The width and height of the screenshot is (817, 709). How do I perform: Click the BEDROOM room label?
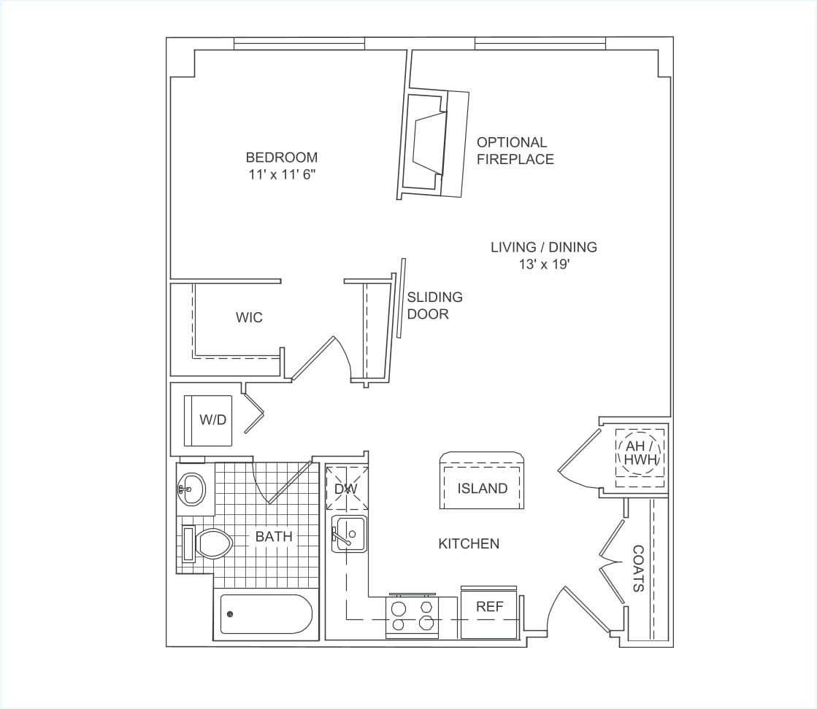[x=281, y=158]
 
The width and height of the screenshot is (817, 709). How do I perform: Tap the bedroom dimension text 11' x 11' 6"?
[x=281, y=175]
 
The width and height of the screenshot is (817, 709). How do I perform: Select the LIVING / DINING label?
[x=543, y=247]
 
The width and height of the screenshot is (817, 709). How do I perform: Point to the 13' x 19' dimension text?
[x=543, y=265]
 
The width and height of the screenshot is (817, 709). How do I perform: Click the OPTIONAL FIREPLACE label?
[x=515, y=151]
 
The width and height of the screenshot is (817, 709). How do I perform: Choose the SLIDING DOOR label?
[x=434, y=306]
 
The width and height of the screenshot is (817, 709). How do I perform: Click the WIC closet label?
[x=249, y=318]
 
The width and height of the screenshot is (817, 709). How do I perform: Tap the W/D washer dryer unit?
[x=209, y=420]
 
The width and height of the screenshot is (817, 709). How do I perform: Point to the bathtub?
[x=266, y=614]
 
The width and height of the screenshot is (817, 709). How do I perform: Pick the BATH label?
[x=274, y=537]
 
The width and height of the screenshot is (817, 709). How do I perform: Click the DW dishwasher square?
[x=345, y=488]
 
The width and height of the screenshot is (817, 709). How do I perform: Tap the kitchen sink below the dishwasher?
[x=349, y=532]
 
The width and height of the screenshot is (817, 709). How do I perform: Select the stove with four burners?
[x=413, y=615]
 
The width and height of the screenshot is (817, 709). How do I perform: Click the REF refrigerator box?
[x=489, y=611]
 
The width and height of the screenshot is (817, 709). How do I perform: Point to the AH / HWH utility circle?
[x=641, y=454]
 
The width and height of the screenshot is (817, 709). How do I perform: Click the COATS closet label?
[x=637, y=568]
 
